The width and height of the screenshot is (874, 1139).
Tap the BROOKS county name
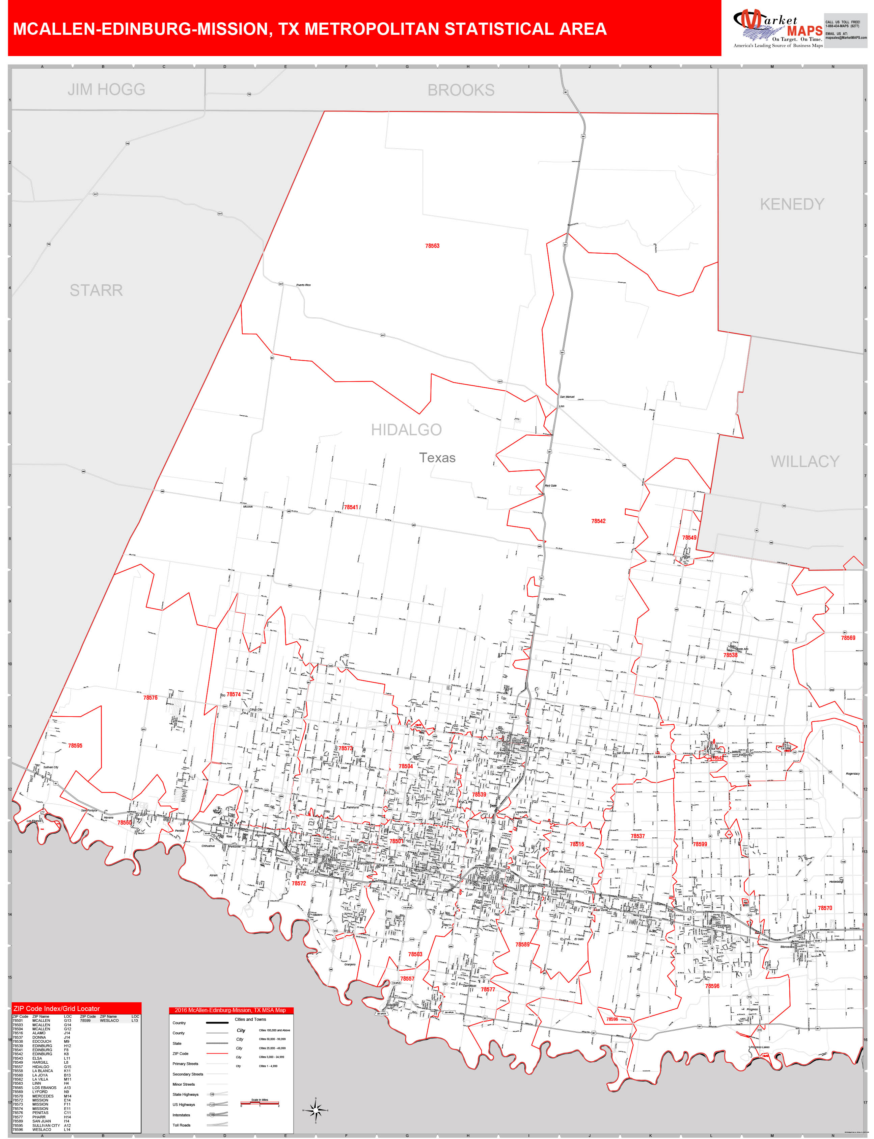click(x=461, y=90)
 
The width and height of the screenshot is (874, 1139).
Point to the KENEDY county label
click(x=792, y=204)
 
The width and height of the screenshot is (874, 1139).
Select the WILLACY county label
click(x=805, y=461)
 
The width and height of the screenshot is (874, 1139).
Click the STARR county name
click(x=96, y=290)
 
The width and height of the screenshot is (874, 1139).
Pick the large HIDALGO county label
click(x=406, y=430)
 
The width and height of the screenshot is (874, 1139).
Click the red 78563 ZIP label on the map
click(x=432, y=246)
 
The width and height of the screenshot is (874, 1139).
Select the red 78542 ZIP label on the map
click(x=598, y=521)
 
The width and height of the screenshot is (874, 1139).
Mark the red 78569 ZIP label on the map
click(x=848, y=638)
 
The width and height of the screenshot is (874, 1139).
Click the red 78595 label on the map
click(x=76, y=746)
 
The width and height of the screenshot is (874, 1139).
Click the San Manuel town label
click(x=567, y=397)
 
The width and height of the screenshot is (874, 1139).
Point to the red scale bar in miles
click(x=260, y=1103)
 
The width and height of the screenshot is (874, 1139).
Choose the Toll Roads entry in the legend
click(x=182, y=1125)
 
